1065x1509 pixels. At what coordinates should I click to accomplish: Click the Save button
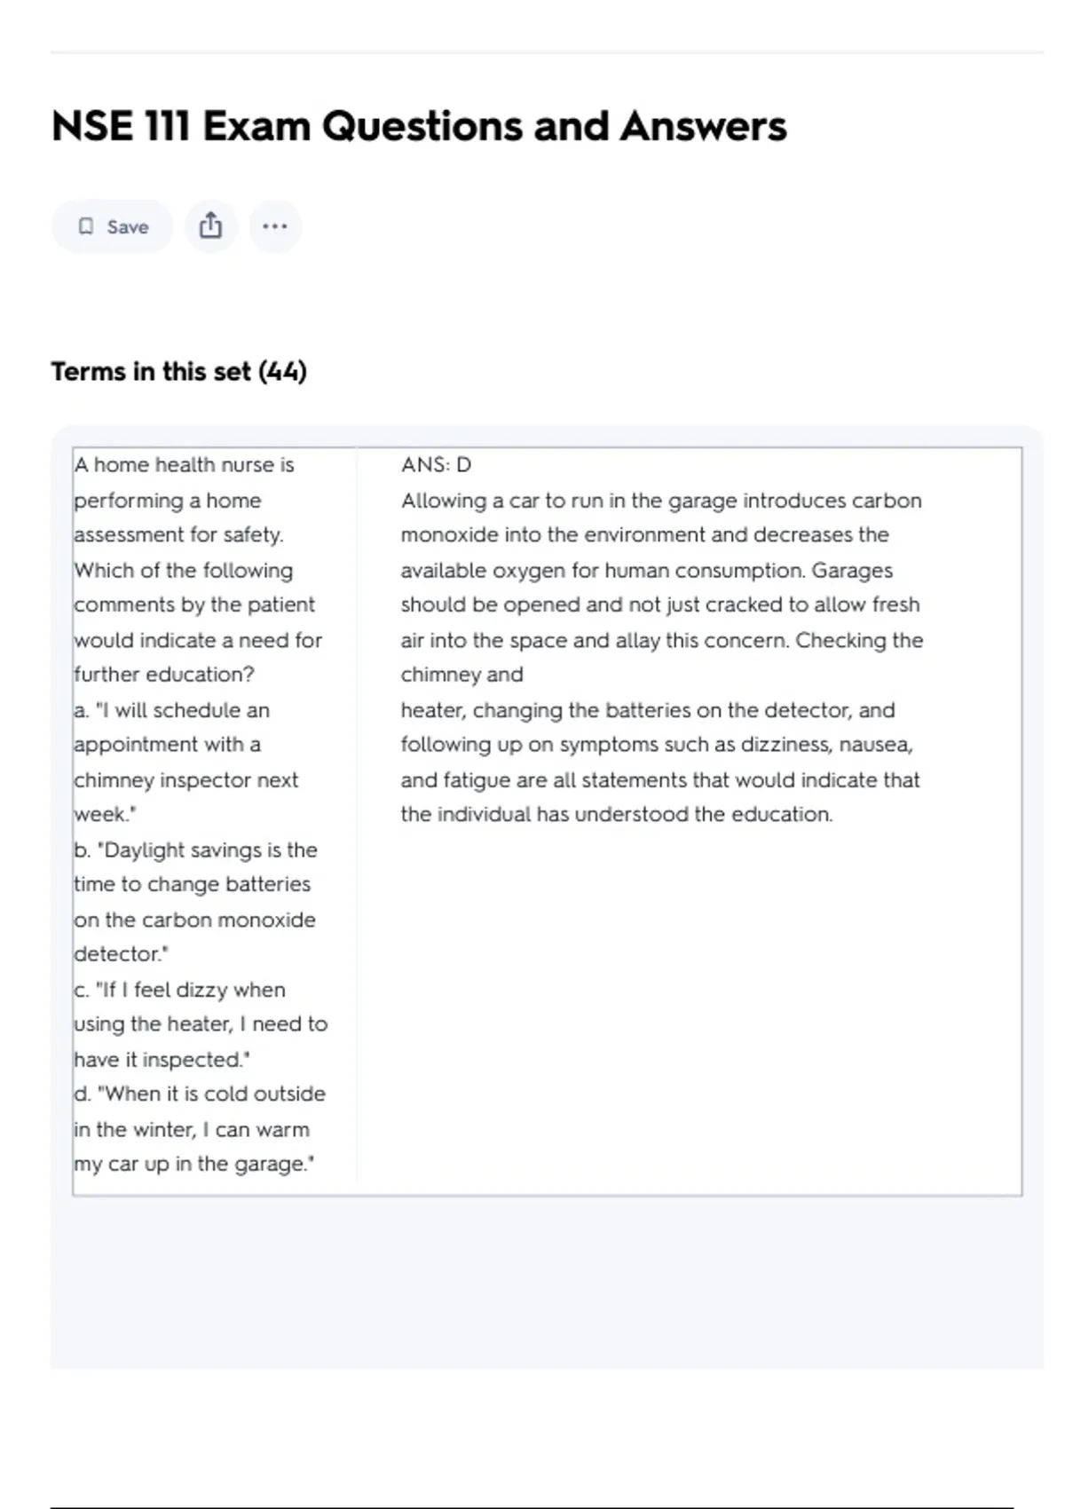(x=112, y=227)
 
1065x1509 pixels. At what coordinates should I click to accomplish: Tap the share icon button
(x=210, y=226)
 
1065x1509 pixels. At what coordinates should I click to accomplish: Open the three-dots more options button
(x=275, y=226)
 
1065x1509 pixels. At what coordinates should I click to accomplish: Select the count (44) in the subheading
(x=282, y=372)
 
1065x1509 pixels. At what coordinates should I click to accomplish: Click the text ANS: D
(x=436, y=465)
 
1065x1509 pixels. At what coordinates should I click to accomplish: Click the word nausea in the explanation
(x=875, y=745)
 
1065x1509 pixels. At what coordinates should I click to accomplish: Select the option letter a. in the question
(x=82, y=711)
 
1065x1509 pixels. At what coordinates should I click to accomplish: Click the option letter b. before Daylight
(x=83, y=850)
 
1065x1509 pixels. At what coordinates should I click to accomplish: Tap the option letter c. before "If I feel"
(x=82, y=991)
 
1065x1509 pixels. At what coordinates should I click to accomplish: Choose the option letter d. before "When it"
(x=83, y=1094)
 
